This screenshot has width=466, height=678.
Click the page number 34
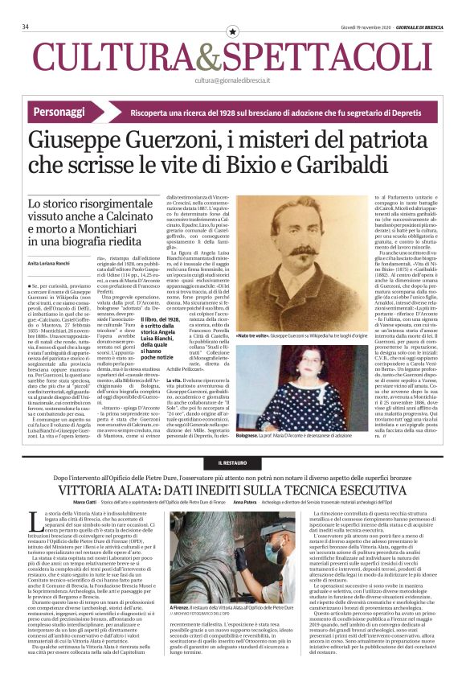[27, 27]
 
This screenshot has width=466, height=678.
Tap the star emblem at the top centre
[233, 31]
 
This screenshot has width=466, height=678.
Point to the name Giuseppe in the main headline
[96, 142]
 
